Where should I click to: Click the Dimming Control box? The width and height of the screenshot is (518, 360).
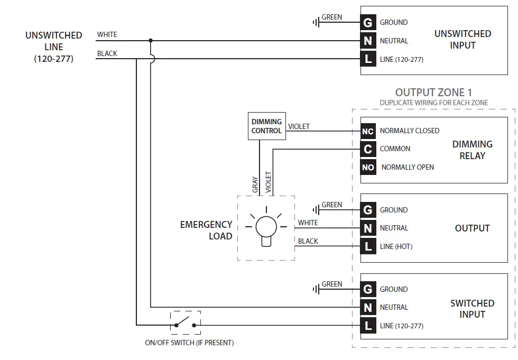click(266, 126)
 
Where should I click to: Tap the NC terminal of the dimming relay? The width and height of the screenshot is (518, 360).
click(368, 131)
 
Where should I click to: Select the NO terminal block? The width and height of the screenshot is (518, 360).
click(368, 167)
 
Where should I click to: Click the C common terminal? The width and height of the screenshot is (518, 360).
click(368, 149)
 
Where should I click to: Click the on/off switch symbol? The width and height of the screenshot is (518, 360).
click(186, 322)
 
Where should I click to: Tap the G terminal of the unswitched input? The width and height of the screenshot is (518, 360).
click(368, 22)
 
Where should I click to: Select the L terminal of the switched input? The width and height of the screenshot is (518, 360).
click(368, 326)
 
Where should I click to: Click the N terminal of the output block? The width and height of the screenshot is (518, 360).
click(368, 228)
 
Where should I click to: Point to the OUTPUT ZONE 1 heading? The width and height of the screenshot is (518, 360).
click(433, 93)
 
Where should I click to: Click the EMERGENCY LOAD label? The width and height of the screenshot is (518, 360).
click(206, 230)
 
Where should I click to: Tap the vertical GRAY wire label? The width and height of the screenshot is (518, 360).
click(255, 184)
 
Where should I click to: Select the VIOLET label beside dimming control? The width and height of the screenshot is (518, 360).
click(299, 126)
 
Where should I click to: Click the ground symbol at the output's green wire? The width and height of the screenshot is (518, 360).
click(316, 210)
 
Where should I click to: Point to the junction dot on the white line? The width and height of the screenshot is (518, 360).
click(151, 40)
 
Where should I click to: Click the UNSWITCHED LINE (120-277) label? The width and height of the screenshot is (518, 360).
click(54, 47)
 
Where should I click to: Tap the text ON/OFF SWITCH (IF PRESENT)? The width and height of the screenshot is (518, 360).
click(189, 343)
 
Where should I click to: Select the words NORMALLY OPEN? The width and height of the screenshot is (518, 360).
click(408, 167)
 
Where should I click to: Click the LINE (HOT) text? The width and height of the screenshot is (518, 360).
click(396, 246)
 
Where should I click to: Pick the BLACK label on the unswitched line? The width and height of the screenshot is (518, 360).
click(107, 53)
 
